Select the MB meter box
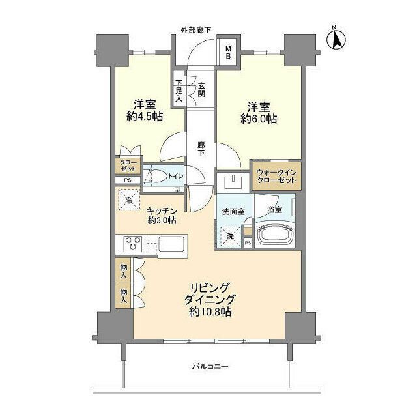click(228, 51)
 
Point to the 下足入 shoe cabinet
click(179, 90)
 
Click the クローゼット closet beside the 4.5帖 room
click(126, 166)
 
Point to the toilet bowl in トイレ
click(158, 175)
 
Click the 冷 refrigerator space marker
click(129, 199)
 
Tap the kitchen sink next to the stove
click(171, 246)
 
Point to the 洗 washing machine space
click(230, 236)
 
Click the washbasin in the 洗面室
click(231, 180)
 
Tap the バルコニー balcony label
click(210, 367)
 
